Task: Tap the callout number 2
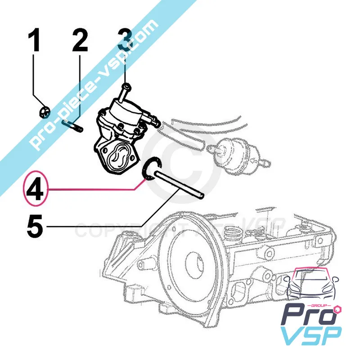(80, 41)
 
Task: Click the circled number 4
(34, 190)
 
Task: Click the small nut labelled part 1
(44, 110)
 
